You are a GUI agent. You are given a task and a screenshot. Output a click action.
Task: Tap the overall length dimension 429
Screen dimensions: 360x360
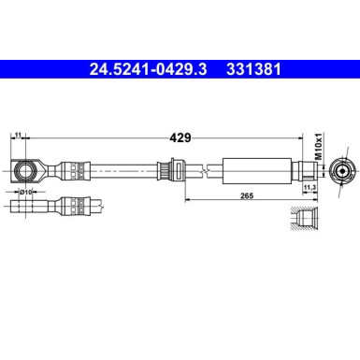coord(180,137)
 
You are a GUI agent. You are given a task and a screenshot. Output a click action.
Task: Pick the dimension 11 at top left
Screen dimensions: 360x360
coord(18,137)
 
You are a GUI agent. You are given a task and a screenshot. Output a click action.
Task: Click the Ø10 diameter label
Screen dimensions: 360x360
coord(28,193)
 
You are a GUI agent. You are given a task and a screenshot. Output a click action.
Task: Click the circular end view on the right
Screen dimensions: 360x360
coord(344,171)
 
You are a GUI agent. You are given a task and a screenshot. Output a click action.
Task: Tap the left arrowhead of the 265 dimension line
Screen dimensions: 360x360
coord(188,198)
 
